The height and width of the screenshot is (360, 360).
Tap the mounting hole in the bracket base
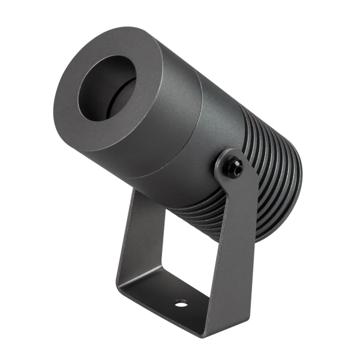[181, 303]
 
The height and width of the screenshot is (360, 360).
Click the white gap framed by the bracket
[180, 252]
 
